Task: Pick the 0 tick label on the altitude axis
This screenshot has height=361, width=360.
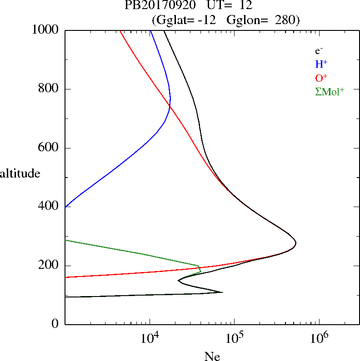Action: [55, 324]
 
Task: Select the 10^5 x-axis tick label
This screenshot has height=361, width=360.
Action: [234, 338]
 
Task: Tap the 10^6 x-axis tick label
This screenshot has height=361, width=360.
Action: [319, 338]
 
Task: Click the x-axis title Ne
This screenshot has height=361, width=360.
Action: [212, 356]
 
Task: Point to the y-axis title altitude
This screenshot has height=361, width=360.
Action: [20, 173]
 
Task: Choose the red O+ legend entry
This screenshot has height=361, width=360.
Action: [321, 78]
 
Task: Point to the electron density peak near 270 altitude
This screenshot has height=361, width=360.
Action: [296, 243]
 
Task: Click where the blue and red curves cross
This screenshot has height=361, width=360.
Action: [170, 106]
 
